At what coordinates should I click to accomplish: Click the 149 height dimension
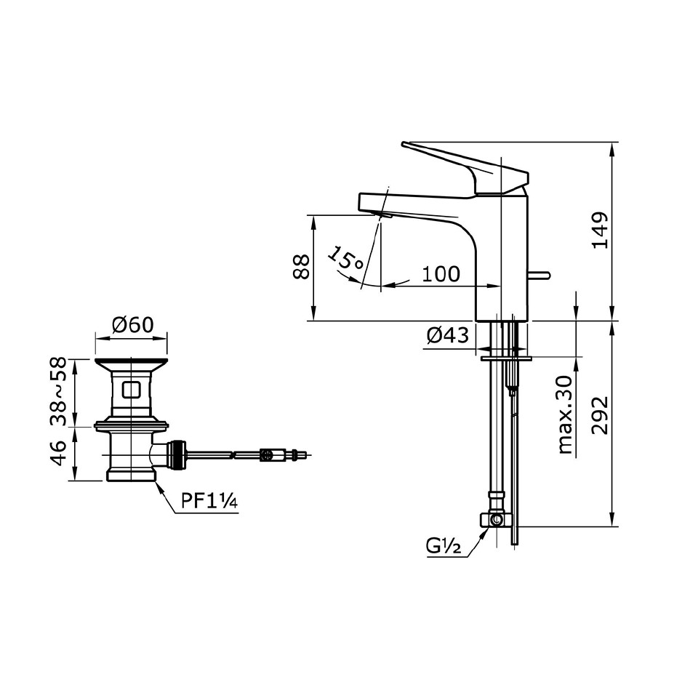[599, 230]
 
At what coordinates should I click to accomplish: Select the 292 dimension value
[599, 416]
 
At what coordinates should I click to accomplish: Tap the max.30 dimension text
[565, 414]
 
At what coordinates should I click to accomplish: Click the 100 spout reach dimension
[441, 274]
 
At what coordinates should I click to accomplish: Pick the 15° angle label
[345, 260]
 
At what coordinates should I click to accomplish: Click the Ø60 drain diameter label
[132, 324]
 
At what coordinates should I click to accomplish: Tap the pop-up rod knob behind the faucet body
[539, 275]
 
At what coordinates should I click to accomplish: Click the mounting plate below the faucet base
[506, 358]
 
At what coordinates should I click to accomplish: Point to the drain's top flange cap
[131, 361]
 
